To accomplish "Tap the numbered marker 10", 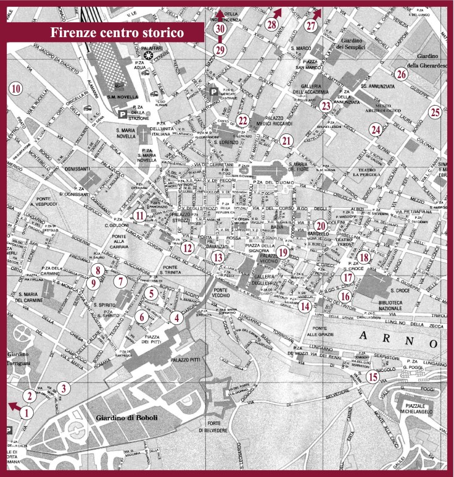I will coord(16,88).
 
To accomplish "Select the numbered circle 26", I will coord(402,74).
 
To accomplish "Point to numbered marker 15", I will coord(373,376).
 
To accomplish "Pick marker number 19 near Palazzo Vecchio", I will coord(300,251).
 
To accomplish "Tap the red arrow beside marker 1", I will coord(12,405).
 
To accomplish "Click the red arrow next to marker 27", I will coord(318,12).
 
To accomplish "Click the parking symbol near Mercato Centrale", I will coord(214,91).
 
